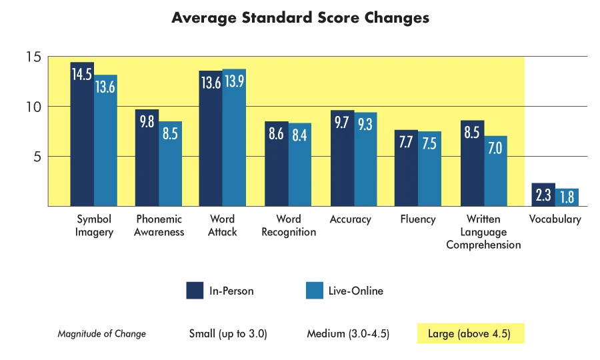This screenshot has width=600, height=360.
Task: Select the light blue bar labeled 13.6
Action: pos(105,141)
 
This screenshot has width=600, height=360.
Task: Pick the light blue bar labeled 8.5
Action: pos(170,164)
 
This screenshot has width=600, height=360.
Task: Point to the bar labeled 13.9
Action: pos(234,137)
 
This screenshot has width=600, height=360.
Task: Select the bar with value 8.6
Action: pos(276,164)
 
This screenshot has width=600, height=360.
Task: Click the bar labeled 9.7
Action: pos(342,159)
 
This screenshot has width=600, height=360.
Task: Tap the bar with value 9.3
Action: pos(365,160)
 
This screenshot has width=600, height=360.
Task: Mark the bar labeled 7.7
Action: pos(406,168)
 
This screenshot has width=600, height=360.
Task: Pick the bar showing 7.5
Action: pos(429,169)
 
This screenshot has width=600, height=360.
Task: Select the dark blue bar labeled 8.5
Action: pos(472,163)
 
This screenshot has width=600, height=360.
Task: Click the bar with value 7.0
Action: pos(495,171)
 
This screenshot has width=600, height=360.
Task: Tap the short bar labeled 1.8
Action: pos(568,197)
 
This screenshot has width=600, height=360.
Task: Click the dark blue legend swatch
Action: pos(195,291)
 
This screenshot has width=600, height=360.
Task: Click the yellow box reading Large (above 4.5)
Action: pos(472,333)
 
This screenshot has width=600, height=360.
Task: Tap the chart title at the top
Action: pos(300,18)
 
